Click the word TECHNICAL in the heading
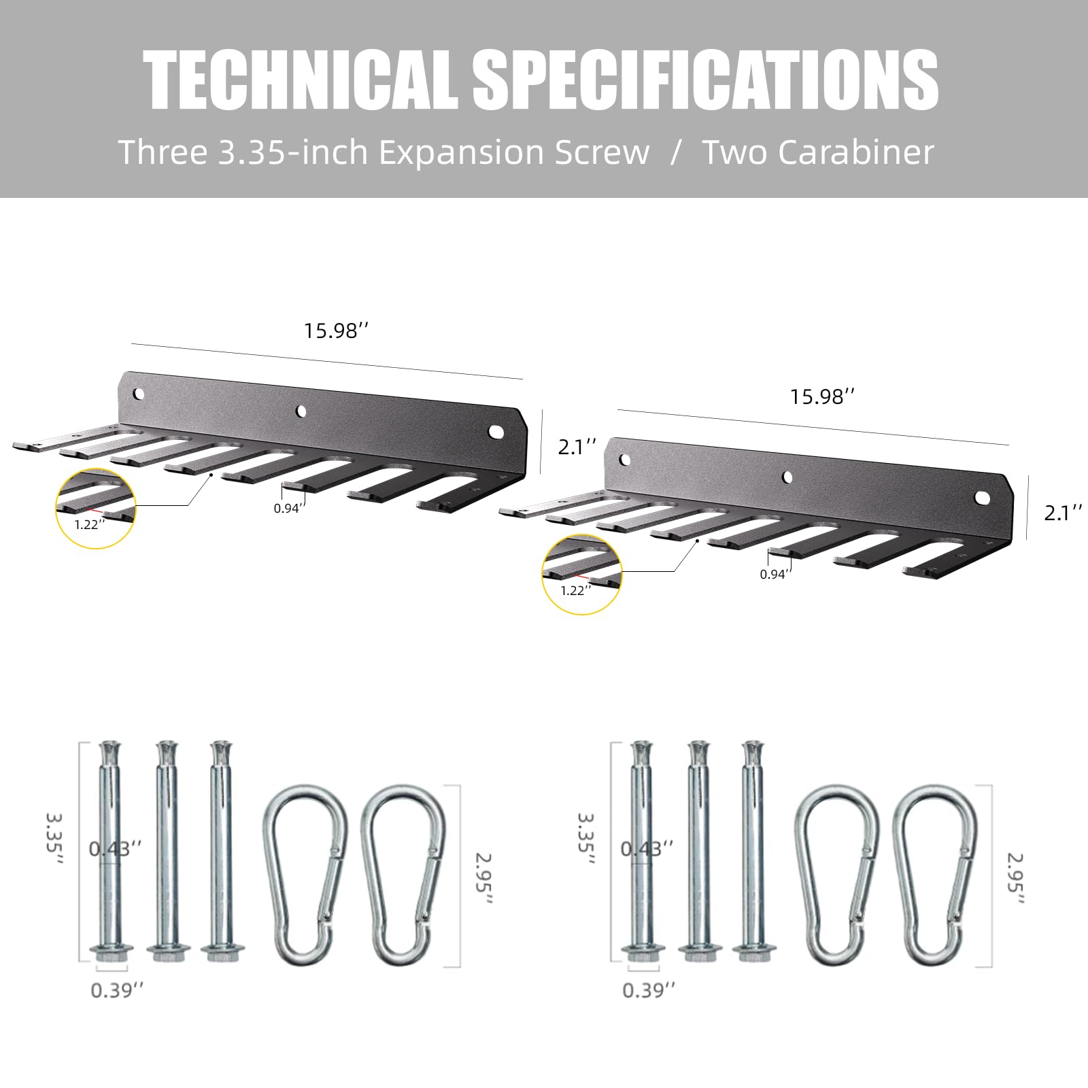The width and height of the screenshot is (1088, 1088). point(301,80)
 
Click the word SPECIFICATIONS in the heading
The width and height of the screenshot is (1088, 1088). point(706,80)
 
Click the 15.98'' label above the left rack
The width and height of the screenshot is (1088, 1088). point(336,331)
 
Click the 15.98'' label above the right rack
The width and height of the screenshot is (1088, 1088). point(822,396)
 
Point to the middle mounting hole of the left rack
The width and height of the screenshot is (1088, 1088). point(301,411)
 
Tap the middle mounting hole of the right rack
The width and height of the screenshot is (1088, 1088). point(788,477)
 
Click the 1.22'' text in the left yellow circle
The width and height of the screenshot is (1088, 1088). point(90,524)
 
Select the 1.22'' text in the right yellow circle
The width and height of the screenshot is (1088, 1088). point(576,590)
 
